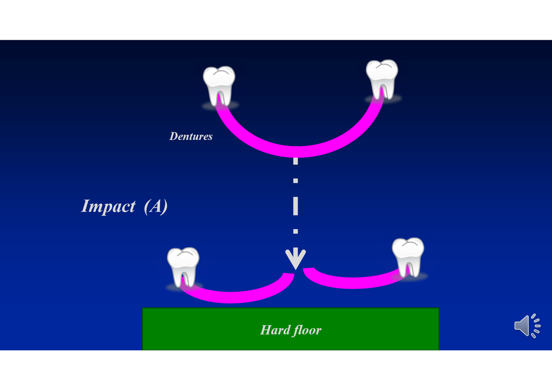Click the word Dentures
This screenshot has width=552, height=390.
(191, 136)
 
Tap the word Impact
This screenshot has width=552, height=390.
(108, 206)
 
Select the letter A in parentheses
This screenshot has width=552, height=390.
(156, 206)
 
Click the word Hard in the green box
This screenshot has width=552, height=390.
(274, 330)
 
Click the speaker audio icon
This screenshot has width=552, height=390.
(527, 326)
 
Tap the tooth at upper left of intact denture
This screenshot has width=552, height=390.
(219, 85)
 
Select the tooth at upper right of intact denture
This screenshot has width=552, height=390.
(382, 79)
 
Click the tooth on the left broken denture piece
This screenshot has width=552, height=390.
(183, 266)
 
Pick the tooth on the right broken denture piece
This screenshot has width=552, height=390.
(408, 256)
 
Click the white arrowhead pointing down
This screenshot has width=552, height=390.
(295, 258)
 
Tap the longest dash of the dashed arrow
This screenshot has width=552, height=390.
(295, 206)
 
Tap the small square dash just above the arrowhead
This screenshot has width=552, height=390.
(295, 231)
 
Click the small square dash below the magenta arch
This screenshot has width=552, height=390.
(295, 181)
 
